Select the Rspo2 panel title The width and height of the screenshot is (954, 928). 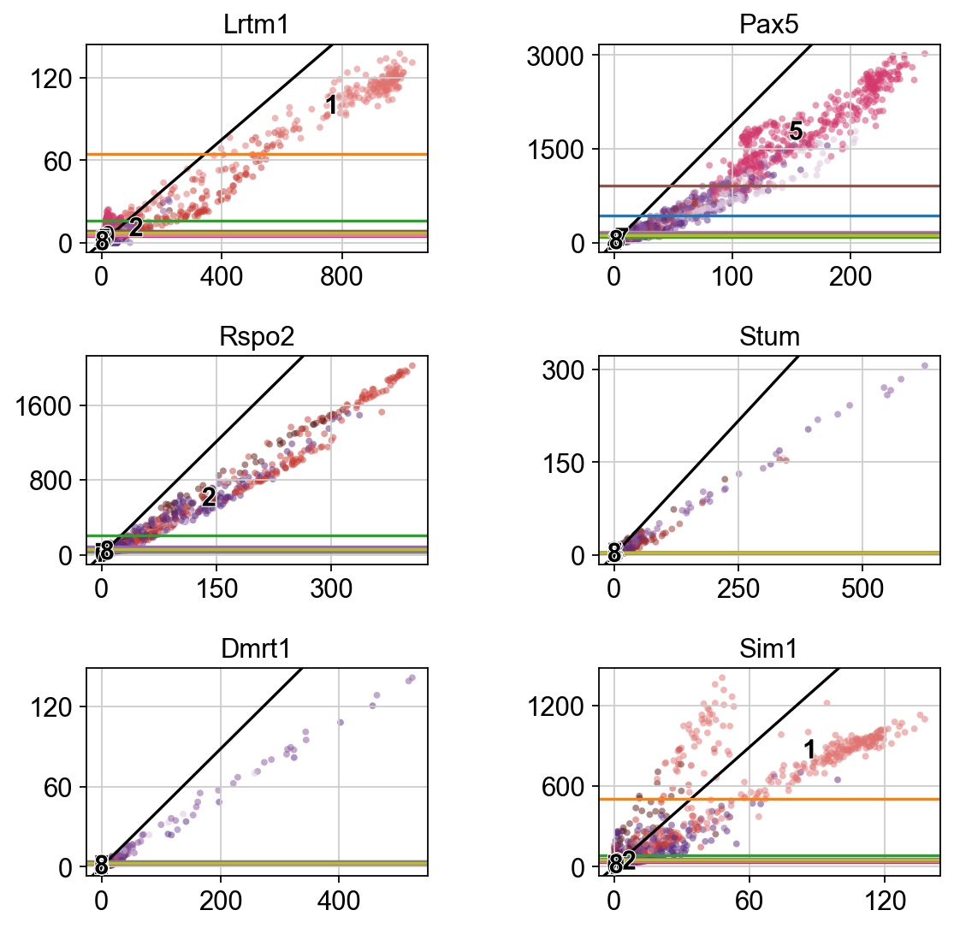257,337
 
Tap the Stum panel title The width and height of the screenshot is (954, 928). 769,337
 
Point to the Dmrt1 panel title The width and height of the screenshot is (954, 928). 257,649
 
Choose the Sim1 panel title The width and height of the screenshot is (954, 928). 769,649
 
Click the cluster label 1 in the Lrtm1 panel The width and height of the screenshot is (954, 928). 331,106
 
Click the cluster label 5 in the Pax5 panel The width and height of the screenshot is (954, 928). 795,131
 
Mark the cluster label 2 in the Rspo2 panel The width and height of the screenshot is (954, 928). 208,497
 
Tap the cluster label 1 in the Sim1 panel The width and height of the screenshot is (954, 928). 809,751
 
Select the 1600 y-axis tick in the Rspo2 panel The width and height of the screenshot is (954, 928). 56,405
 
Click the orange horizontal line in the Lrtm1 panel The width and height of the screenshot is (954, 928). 257,155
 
